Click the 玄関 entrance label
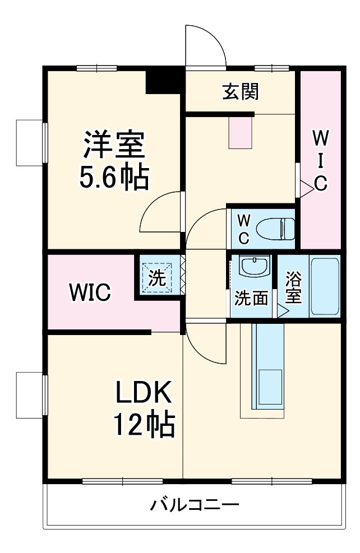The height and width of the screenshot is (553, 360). pyautogui.click(x=240, y=91)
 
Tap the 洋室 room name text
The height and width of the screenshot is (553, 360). pyautogui.click(x=114, y=145)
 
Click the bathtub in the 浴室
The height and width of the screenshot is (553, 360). pyautogui.click(x=325, y=287)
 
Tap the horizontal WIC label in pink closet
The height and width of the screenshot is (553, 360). pyautogui.click(x=90, y=292)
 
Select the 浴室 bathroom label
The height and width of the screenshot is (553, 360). pyautogui.click(x=293, y=287)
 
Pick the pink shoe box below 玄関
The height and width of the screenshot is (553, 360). pyautogui.click(x=241, y=132)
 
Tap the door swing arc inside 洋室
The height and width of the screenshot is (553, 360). pyautogui.click(x=160, y=216)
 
